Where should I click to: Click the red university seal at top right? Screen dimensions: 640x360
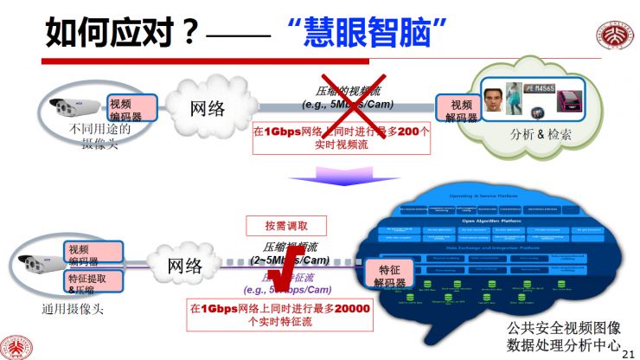614,39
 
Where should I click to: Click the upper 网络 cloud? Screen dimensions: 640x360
208,107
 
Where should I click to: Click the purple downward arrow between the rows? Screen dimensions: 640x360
333,177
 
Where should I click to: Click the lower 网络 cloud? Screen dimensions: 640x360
182,263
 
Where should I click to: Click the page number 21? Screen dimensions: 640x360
629,352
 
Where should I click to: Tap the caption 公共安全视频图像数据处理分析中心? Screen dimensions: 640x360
563,337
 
